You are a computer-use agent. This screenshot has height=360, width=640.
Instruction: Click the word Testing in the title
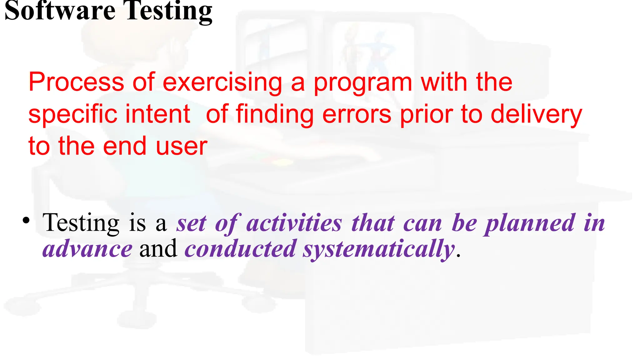coord(168,11)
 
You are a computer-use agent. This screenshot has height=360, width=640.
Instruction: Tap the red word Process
coord(76,82)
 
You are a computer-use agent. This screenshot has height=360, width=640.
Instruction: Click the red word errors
coord(357,115)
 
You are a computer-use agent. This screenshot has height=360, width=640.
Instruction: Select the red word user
coord(182,146)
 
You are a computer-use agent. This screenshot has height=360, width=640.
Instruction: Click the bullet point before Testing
coord(26,221)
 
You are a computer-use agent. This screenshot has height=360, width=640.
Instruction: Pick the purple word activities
coord(294,223)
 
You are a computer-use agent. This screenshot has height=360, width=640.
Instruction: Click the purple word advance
coord(87,249)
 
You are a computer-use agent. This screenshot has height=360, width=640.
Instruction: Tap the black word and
coord(158,249)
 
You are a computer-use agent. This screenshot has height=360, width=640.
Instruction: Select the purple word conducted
coord(240,249)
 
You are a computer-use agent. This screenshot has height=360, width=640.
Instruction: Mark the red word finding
coord(275,115)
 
